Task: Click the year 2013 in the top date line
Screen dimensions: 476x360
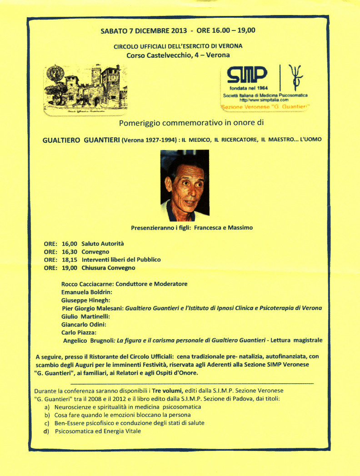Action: [173, 31]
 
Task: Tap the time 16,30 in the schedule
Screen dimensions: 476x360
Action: [69, 252]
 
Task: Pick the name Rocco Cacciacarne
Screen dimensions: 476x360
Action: [86, 284]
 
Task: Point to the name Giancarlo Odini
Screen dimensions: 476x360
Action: [83, 324]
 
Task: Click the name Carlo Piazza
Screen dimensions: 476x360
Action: [75, 332]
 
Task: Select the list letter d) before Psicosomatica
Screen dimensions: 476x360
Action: [45, 431]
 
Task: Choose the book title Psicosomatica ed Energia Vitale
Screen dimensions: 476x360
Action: [98, 431]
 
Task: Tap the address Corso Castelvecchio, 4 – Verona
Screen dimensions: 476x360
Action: [178, 55]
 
